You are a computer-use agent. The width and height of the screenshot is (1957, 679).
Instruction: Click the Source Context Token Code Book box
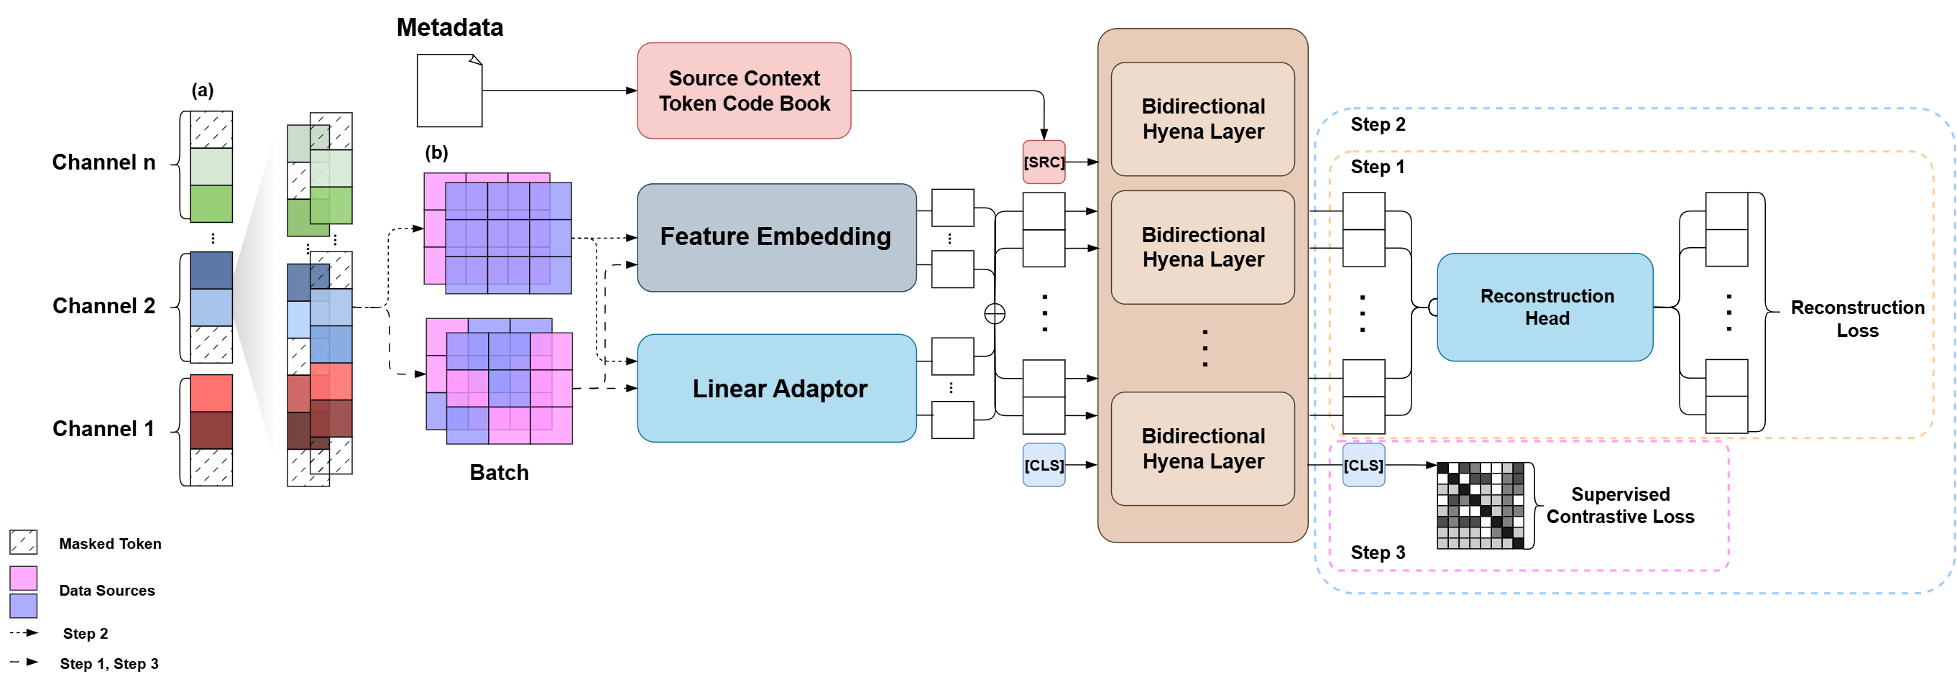click(x=743, y=91)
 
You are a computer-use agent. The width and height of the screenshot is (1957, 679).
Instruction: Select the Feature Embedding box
click(x=775, y=237)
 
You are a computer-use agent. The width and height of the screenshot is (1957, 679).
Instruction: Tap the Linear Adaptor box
click(x=775, y=388)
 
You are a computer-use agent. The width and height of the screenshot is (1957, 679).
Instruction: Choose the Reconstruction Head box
click(x=1544, y=307)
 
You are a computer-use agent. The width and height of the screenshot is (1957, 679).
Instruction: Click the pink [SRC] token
click(x=1043, y=162)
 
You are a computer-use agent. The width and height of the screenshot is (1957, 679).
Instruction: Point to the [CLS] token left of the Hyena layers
click(x=1043, y=465)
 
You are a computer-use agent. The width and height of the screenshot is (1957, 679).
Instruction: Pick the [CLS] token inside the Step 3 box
click(x=1363, y=465)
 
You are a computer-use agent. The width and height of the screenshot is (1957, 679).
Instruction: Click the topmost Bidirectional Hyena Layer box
click(x=1202, y=119)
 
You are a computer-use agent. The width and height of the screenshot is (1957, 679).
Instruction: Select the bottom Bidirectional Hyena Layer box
click(x=1202, y=448)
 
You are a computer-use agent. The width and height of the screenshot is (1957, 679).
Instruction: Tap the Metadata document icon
click(x=449, y=91)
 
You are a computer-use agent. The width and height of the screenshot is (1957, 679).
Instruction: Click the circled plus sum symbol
click(x=994, y=314)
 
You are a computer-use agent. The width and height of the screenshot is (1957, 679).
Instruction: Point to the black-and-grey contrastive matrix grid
click(x=1480, y=505)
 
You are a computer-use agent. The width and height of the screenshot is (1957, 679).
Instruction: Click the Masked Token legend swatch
click(x=24, y=542)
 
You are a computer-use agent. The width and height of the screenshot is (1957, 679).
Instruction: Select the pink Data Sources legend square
click(x=24, y=578)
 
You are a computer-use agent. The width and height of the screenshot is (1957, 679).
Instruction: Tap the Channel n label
click(x=103, y=162)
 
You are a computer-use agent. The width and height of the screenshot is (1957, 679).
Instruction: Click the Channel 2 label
click(x=103, y=305)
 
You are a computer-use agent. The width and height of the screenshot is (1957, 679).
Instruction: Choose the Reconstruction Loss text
click(x=1856, y=318)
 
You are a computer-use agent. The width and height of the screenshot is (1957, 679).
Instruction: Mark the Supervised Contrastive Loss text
click(x=1620, y=505)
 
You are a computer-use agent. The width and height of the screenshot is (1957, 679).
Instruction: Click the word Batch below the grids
click(x=498, y=472)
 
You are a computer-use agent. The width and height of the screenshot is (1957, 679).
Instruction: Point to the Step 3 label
click(x=1376, y=552)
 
